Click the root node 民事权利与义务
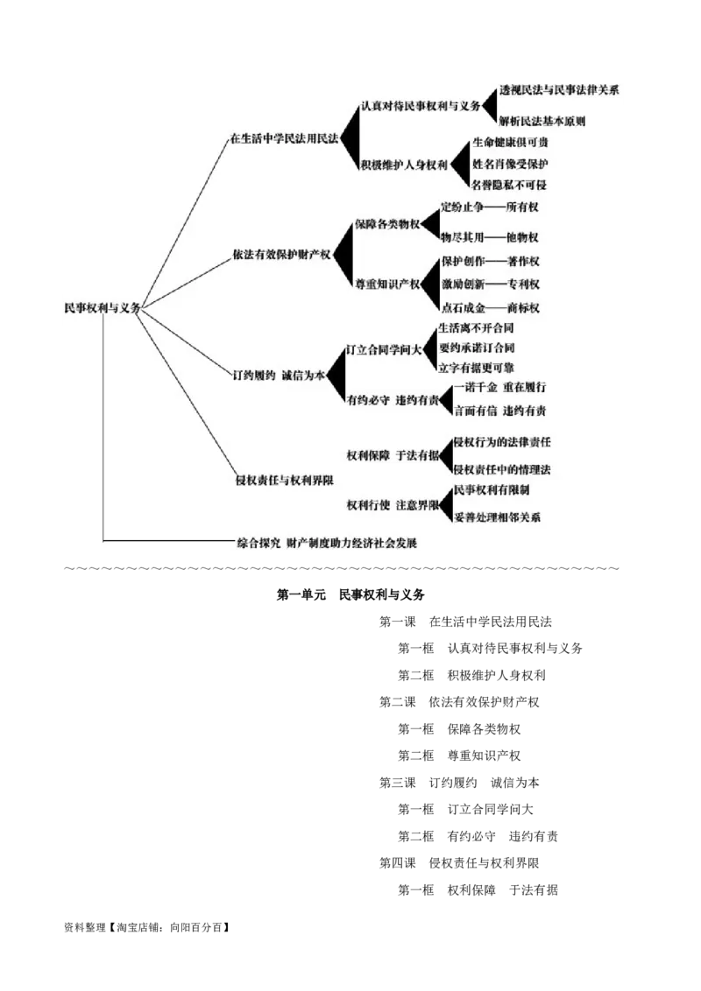pos(102,308)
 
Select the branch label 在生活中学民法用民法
pos(284,139)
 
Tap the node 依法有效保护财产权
pos(281,255)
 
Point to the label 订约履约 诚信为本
pos(279,375)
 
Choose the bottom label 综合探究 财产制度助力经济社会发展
pos(328,543)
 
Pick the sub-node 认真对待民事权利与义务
pos(421,106)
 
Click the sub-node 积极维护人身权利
pos(404,165)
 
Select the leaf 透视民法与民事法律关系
pos(559,91)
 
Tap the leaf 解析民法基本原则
pos(542,121)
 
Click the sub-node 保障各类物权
pos(387,224)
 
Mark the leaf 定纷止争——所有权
pos(490,207)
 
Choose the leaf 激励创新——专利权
pos(491,284)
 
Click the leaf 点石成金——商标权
pos(491,307)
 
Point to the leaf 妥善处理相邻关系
pos(498,517)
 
